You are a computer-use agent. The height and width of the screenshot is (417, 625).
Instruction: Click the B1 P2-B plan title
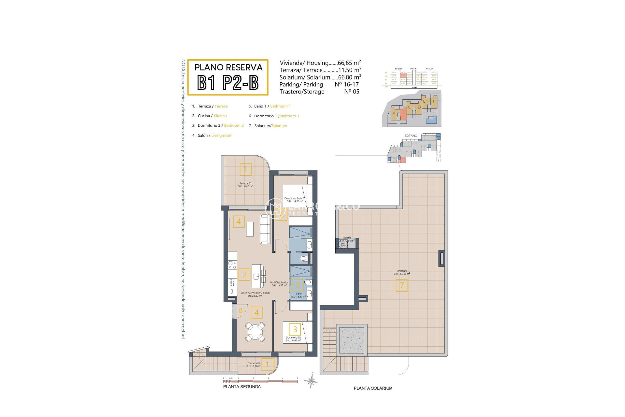tap(228, 82)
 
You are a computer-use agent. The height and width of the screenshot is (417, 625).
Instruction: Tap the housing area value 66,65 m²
tap(349, 63)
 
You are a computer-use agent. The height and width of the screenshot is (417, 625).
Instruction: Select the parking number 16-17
tap(351, 84)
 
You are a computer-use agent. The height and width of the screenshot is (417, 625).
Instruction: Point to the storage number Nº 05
tap(352, 92)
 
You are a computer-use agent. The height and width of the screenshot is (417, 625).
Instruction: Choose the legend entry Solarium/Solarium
tap(270, 126)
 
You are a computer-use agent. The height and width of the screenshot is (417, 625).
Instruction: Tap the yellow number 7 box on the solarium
tap(401, 286)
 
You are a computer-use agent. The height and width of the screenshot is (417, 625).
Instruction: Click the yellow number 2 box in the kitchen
tap(244, 274)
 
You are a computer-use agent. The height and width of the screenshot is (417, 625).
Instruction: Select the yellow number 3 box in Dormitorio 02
tap(295, 329)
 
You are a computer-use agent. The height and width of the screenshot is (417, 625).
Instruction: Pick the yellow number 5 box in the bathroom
tap(297, 285)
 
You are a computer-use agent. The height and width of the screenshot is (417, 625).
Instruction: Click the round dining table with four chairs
tap(255, 332)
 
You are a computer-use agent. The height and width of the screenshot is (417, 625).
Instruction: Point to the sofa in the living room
tap(265, 229)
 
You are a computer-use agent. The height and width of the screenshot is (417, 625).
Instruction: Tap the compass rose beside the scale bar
tap(312, 380)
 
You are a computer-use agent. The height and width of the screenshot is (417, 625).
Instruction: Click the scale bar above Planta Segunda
tap(260, 381)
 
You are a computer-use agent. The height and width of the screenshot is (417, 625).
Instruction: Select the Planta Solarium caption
tap(373, 388)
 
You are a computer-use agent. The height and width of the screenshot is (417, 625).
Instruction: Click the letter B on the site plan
tap(403, 113)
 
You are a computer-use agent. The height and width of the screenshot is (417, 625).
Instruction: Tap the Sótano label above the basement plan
tap(411, 136)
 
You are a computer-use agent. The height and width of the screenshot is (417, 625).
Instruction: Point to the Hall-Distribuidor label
tap(279, 283)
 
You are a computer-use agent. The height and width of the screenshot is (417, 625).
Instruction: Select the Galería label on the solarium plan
tap(347, 238)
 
